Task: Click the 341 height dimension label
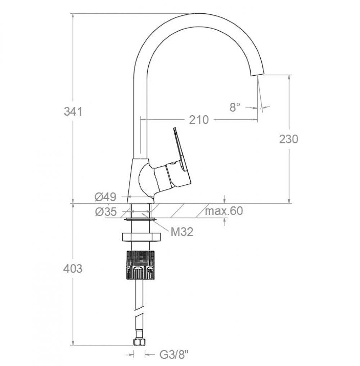pyautogui.click(x=73, y=112)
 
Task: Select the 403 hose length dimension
pyautogui.click(x=73, y=268)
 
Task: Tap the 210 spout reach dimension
pyautogui.click(x=199, y=120)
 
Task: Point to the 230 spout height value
pyautogui.click(x=288, y=139)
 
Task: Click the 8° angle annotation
pyautogui.click(x=235, y=107)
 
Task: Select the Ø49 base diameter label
pyautogui.click(x=105, y=197)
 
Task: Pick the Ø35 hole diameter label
pyautogui.click(x=106, y=212)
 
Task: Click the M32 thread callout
pyautogui.click(x=182, y=232)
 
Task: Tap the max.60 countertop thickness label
pyautogui.click(x=224, y=211)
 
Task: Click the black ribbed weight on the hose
pyautogui.click(x=140, y=265)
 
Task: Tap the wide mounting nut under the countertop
pyautogui.click(x=140, y=237)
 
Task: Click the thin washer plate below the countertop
pyautogui.click(x=140, y=219)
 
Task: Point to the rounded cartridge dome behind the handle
pyautogui.click(x=145, y=178)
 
